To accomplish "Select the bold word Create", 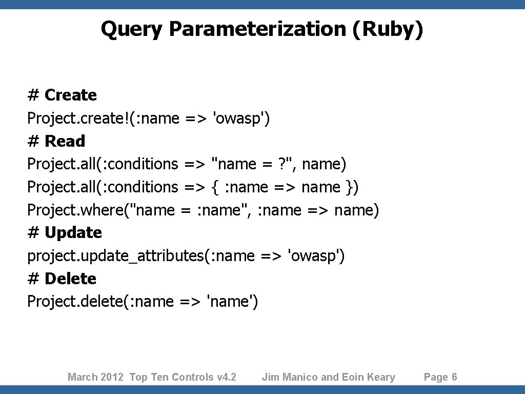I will (71, 95).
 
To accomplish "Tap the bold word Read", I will (65, 141).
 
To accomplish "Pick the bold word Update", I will (73, 233).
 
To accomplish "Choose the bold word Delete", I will (71, 279).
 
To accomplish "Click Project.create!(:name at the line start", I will (103, 119).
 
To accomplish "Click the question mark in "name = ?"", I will (280, 164).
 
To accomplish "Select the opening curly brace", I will (214, 187).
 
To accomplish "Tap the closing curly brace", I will (350, 187).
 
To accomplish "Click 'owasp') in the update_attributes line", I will (317, 255).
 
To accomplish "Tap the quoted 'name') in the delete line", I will (232, 301).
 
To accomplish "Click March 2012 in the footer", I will (95, 378).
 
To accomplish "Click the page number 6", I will (454, 378).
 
